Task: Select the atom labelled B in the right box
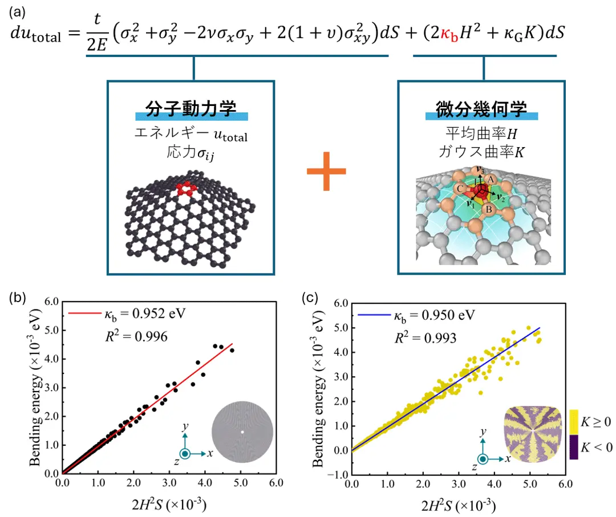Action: [x=488, y=209]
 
